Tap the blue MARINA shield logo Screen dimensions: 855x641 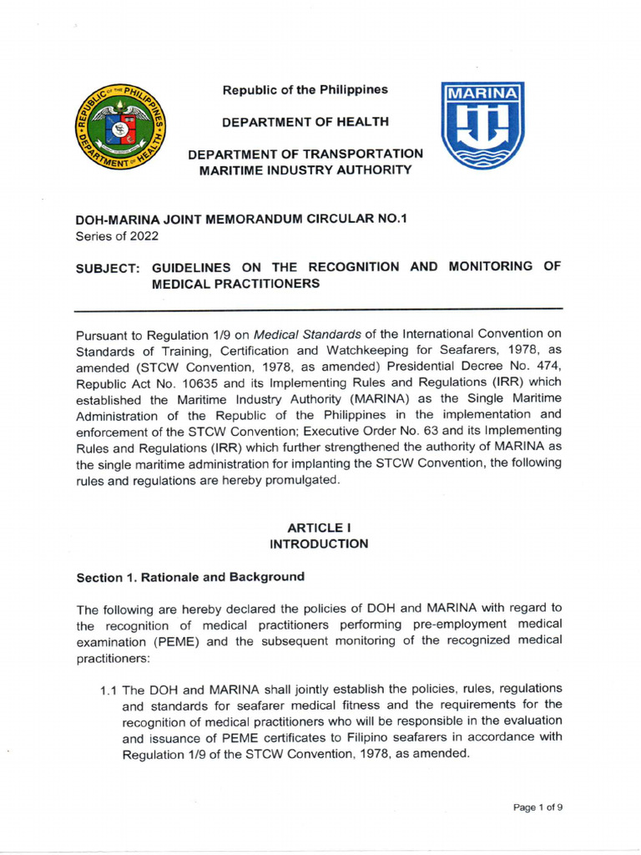pyautogui.click(x=482, y=124)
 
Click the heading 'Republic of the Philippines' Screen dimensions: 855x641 pyautogui.click(x=305, y=90)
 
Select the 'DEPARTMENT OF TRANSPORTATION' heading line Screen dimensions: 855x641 pyautogui.click(x=305, y=154)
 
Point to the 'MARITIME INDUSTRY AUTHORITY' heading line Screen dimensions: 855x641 pyautogui.click(x=305, y=170)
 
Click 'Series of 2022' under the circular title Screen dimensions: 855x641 pyautogui.click(x=117, y=236)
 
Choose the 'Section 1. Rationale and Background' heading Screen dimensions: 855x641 pyautogui.click(x=190, y=577)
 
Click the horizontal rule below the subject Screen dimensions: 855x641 pyautogui.click(x=318, y=309)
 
